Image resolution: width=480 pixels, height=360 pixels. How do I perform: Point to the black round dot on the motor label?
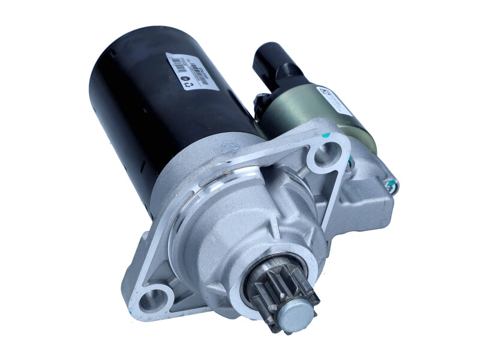click(x=182, y=76)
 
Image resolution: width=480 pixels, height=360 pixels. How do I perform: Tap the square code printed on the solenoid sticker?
click(x=325, y=92)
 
